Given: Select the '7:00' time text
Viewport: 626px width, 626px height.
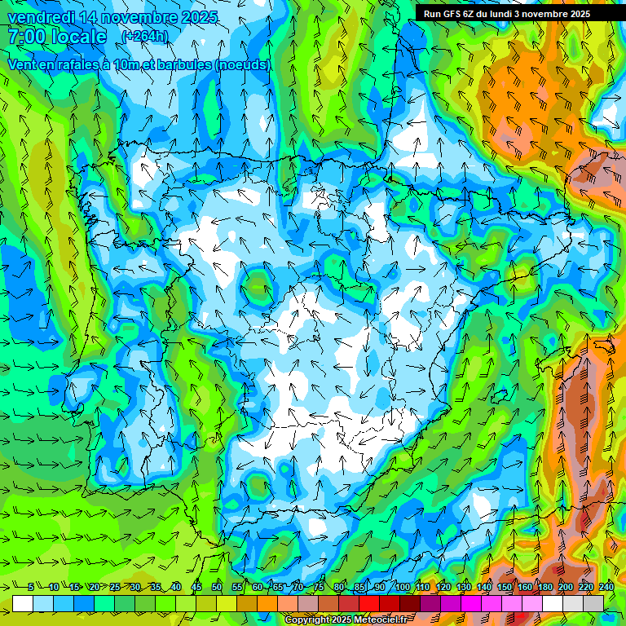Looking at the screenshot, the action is click(26, 37).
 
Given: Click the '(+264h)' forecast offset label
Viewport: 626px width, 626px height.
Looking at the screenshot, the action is click(144, 36).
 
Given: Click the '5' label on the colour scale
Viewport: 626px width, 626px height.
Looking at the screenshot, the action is click(31, 587).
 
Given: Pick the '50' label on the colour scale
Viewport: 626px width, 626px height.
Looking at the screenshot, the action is click(217, 587).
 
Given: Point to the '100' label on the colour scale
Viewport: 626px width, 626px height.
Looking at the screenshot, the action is click(402, 587).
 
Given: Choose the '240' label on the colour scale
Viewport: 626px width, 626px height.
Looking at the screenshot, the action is click(606, 587).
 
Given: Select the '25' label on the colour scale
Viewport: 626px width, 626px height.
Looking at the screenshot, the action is click(114, 587).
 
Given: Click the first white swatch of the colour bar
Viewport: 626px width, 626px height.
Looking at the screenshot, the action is click(22, 602).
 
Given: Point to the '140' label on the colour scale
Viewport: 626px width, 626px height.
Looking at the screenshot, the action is click(484, 587).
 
